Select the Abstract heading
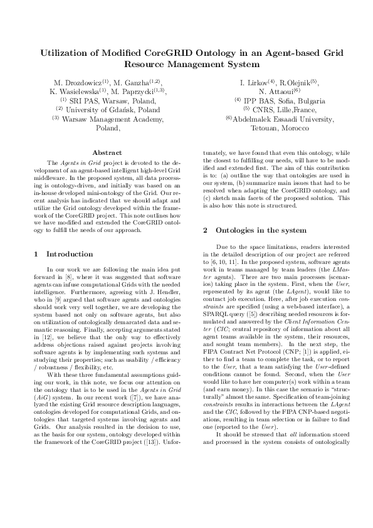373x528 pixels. [107, 152]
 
